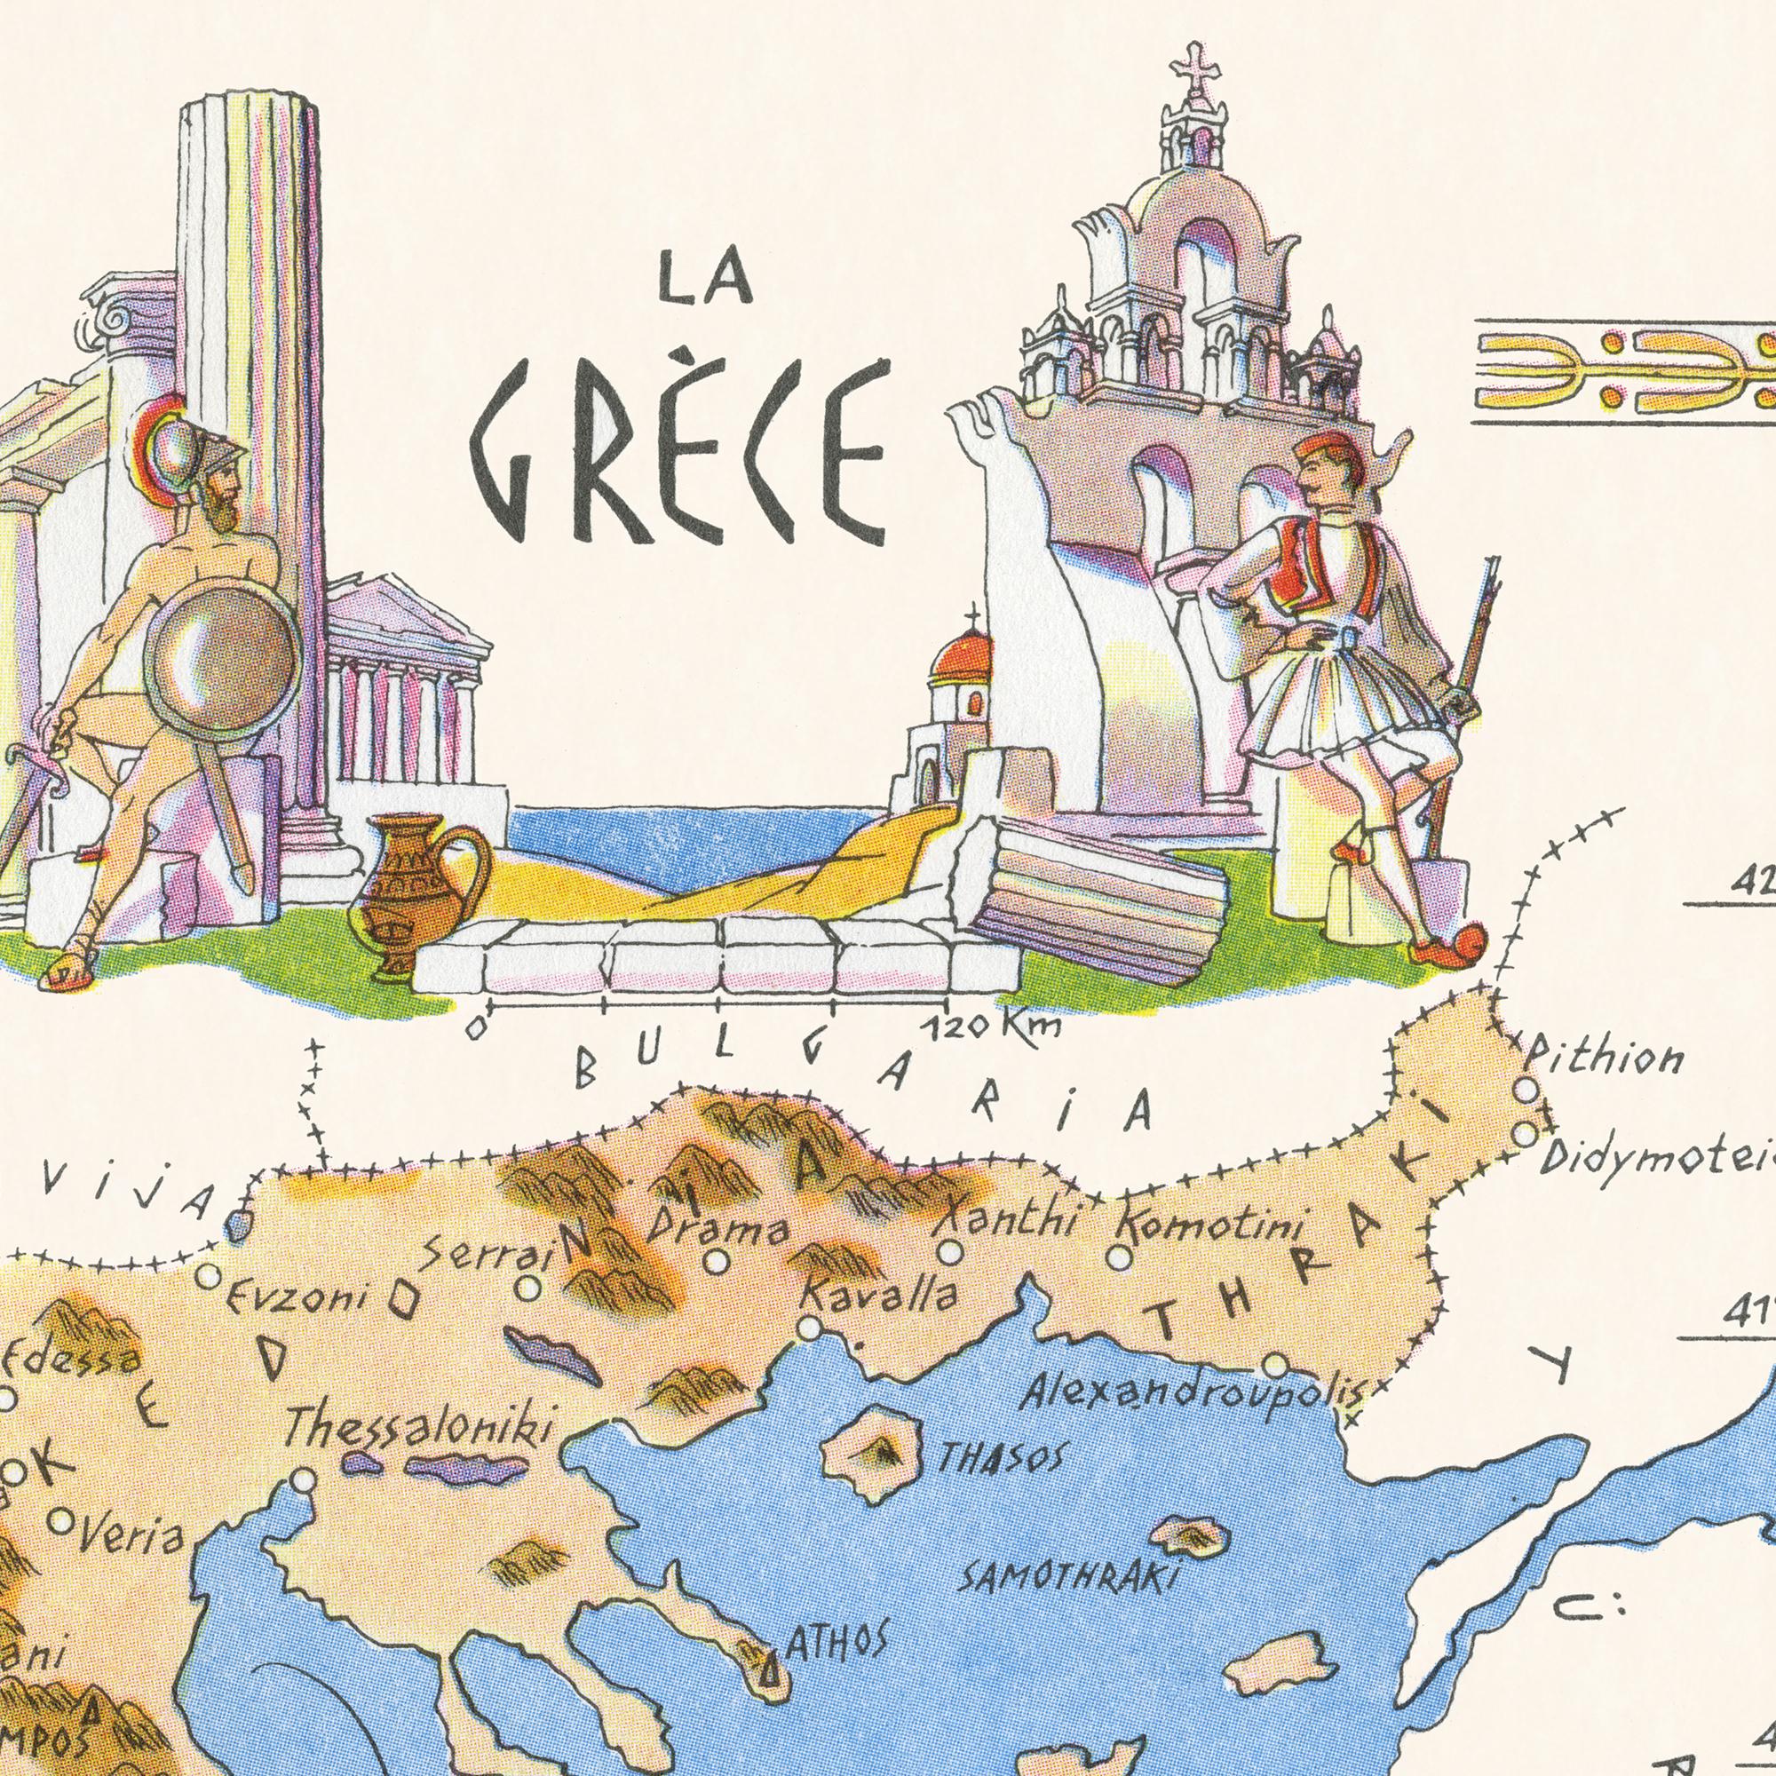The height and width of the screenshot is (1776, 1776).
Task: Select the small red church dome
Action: (x=962, y=655)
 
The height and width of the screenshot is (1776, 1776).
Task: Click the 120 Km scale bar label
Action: (x=994, y=1027)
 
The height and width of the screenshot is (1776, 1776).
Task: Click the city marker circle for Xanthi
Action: (x=950, y=1252)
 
